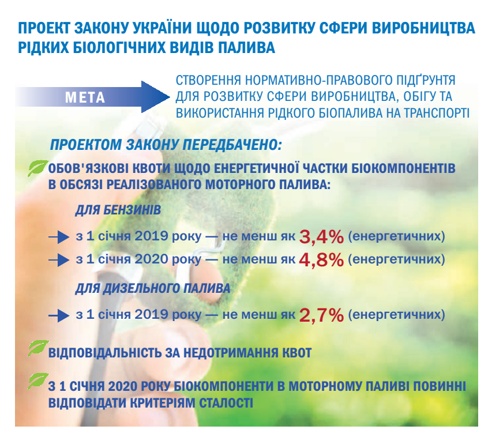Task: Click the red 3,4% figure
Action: tap(321, 237)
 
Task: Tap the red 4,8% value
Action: tap(321, 260)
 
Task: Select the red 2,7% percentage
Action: tap(321, 315)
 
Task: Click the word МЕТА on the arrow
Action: tap(85, 97)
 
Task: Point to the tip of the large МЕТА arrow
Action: tap(170, 97)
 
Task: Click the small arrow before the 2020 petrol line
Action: tap(59, 260)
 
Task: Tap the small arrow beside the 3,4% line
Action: tap(59, 237)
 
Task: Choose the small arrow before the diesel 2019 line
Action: tap(59, 315)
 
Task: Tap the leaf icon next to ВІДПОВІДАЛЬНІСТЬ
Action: tap(38, 348)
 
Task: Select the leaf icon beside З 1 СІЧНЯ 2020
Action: tap(38, 381)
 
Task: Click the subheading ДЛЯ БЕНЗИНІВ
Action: tap(118, 210)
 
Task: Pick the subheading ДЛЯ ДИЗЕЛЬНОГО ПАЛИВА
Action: tap(153, 288)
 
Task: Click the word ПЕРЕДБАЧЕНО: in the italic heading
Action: tap(232, 145)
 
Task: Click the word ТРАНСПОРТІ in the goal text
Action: tap(437, 113)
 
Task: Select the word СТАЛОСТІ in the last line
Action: tap(226, 403)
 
